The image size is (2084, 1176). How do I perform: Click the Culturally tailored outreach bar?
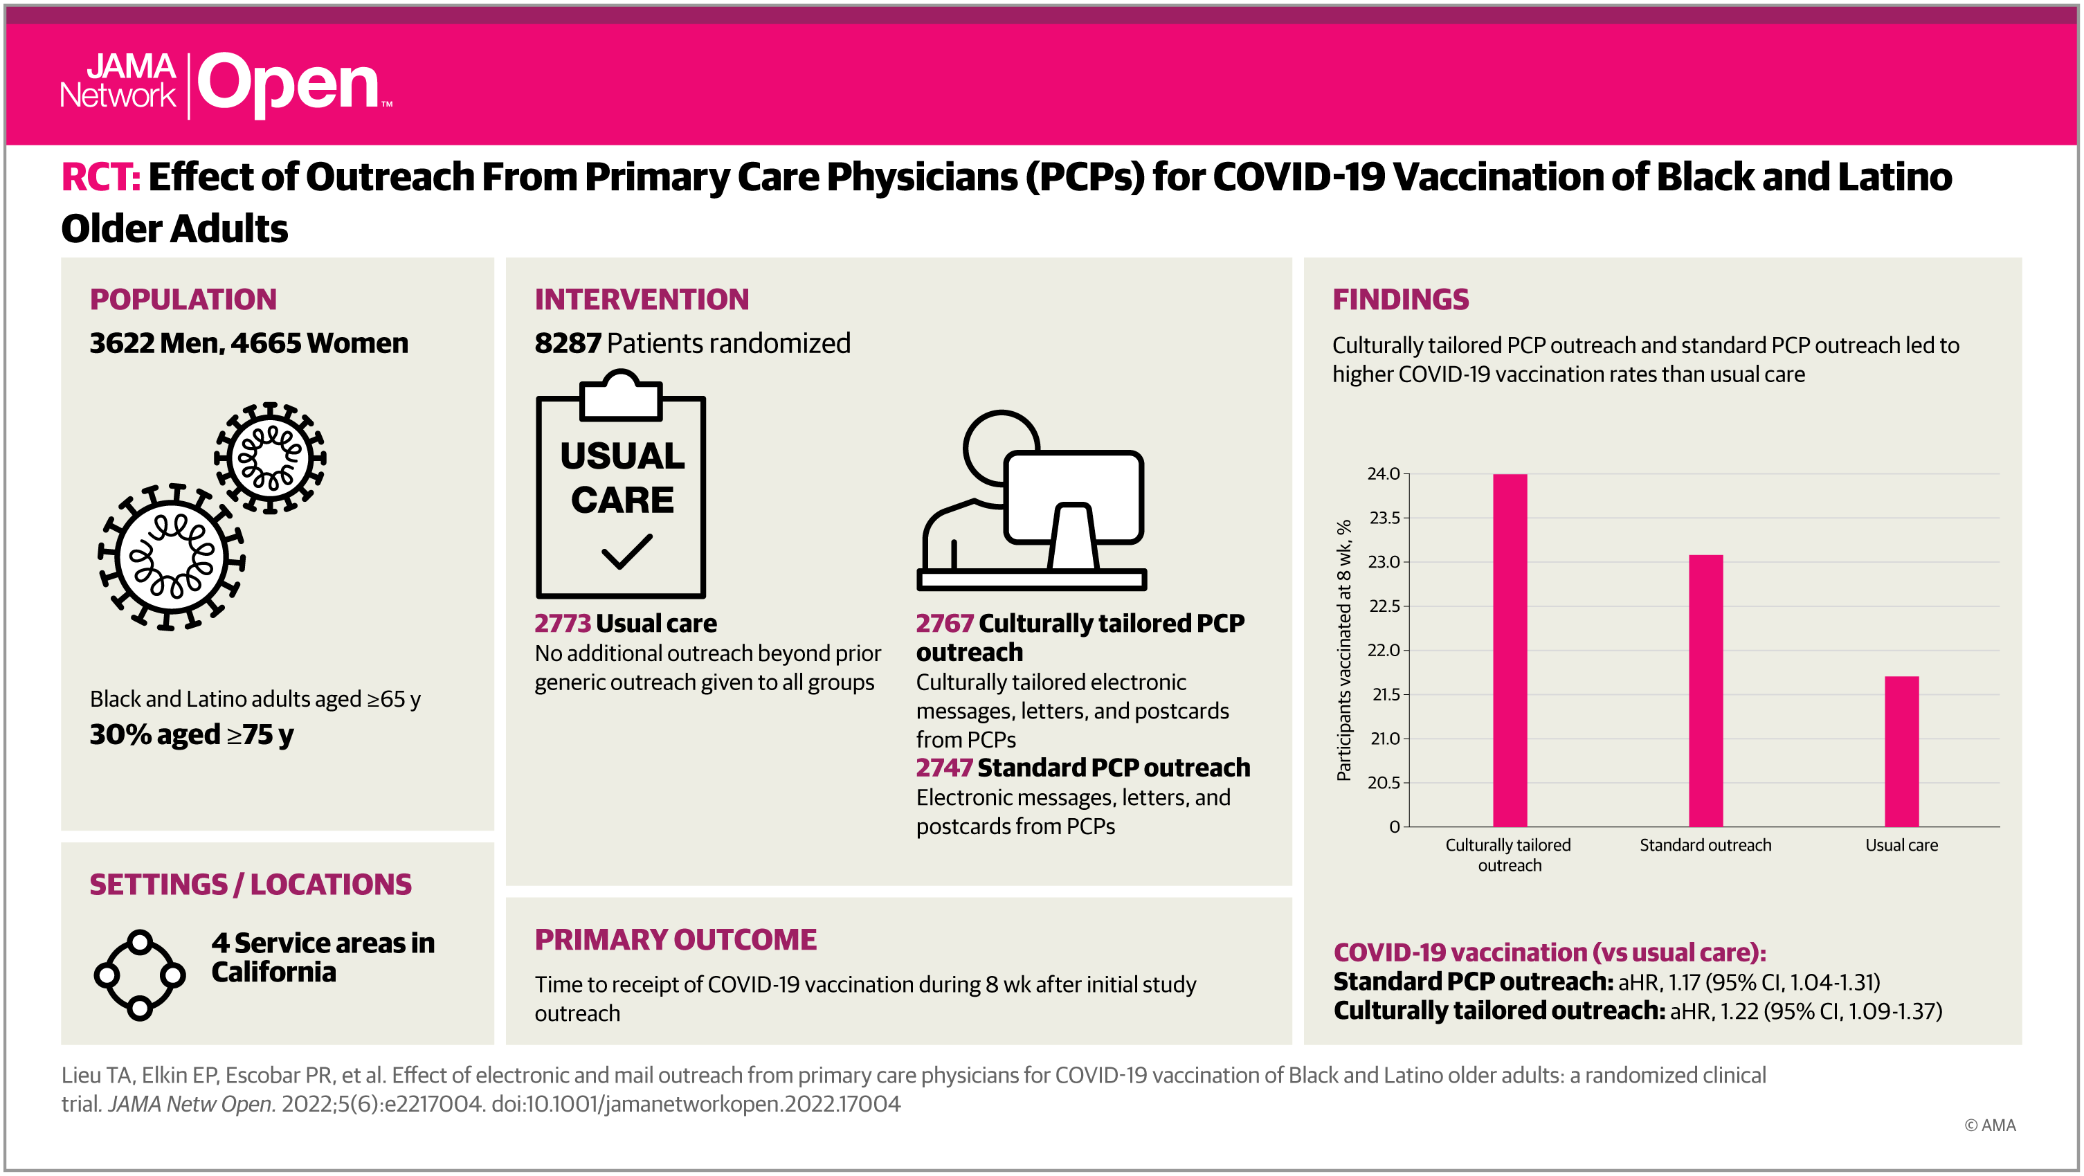pyautogui.click(x=1510, y=649)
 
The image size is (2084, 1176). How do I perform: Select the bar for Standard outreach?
pyautogui.click(x=1705, y=690)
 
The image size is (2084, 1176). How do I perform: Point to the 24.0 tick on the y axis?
pyautogui.click(x=1384, y=473)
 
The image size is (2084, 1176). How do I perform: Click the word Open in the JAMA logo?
pyautogui.click(x=289, y=84)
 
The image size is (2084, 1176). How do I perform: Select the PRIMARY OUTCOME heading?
pyautogui.click(x=676, y=939)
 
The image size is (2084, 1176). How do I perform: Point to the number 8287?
pyautogui.click(x=567, y=343)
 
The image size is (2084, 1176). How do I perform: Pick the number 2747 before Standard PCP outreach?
pyautogui.click(x=943, y=767)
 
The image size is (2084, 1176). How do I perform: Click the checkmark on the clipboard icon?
pyautogui.click(x=627, y=551)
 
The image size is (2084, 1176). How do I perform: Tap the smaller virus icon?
pyautogui.click(x=270, y=458)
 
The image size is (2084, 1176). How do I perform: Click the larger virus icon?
pyautogui.click(x=171, y=557)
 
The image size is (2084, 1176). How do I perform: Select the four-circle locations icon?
pyautogui.click(x=140, y=975)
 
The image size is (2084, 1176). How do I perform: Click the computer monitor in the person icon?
pyautogui.click(x=1073, y=509)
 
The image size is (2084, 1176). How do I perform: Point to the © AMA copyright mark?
pyautogui.click(x=1990, y=1125)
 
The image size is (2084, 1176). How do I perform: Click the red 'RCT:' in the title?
pyautogui.click(x=101, y=177)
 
